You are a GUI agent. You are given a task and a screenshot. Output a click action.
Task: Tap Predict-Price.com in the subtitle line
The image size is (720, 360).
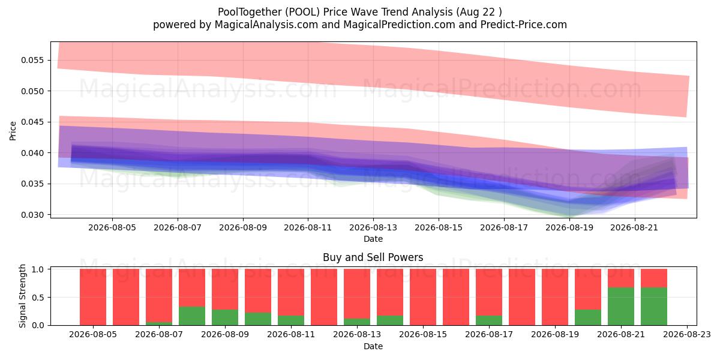523,25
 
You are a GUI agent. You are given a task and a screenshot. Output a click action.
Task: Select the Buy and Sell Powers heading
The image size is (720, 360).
373,257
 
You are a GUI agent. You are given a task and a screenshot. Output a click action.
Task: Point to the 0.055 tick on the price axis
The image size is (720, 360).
32,60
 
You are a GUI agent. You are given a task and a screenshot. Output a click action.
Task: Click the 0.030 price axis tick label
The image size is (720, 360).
32,215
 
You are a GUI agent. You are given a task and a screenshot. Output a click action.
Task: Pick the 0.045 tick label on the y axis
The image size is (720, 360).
32,122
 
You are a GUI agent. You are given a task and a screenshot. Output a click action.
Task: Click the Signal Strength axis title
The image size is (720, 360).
22,296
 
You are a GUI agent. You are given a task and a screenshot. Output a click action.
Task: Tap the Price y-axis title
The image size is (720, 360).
13,131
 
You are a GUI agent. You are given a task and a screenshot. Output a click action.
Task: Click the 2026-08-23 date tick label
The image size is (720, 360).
687,335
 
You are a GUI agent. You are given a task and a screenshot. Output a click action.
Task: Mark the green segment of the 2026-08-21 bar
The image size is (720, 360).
620,307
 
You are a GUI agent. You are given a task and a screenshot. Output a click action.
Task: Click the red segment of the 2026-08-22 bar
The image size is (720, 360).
654,278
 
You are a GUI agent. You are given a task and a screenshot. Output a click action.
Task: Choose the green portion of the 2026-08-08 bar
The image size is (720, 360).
192,316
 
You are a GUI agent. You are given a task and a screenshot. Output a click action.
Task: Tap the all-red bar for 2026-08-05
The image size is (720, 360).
93,297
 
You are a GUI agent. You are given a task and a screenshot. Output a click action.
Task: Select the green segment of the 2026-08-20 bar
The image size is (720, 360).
588,317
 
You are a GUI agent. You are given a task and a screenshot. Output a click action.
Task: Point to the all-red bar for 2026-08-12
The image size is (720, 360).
324,297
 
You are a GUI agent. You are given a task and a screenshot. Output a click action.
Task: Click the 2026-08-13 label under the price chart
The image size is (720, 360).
373,227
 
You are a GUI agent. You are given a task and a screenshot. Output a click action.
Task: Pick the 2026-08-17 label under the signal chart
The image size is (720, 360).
489,335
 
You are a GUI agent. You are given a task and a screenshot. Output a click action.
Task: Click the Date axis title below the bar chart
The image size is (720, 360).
373,347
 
